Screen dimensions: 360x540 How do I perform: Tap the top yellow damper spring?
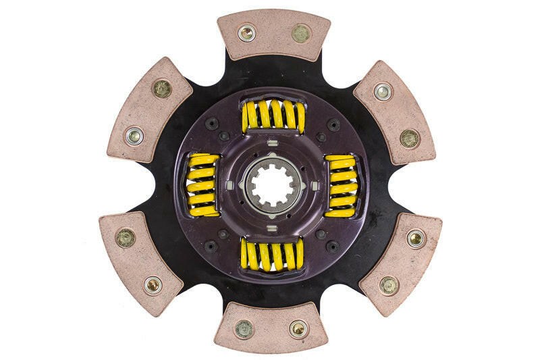pos(273,115)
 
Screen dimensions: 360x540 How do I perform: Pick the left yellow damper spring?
pos(202,185)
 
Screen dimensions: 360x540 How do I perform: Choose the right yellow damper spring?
pos(342,185)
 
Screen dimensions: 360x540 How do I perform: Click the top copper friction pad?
pos(273,34)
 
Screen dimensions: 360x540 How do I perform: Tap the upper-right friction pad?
pos(394,112)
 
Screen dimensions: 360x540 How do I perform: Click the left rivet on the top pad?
pos(246,32)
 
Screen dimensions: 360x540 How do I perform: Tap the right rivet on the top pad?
pos(300,32)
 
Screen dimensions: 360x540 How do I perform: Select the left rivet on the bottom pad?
pos(244,329)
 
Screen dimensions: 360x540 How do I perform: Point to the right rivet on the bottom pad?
pos(298,329)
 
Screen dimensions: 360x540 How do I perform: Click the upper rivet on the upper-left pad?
pos(161,88)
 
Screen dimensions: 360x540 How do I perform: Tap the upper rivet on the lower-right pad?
pos(416,238)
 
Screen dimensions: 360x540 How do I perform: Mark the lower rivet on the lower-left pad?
pos(153,284)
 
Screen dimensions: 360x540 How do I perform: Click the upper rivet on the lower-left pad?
pos(125,236)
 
